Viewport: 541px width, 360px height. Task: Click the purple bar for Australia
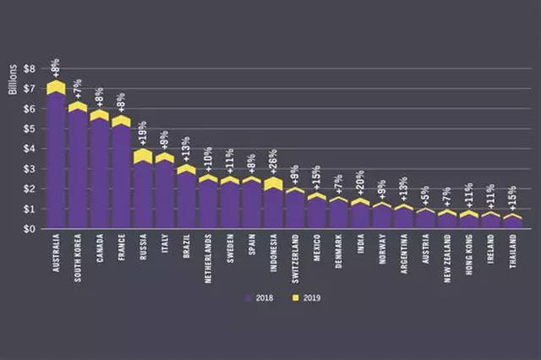point(57,161)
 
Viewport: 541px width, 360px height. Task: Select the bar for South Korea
point(78,169)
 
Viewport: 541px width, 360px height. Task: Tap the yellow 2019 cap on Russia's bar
point(143,155)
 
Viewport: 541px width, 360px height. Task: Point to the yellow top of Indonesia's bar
point(273,183)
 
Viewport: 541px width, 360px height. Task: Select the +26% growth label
point(273,163)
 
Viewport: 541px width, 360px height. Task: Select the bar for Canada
point(100,173)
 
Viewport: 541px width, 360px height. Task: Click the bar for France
point(121,177)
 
